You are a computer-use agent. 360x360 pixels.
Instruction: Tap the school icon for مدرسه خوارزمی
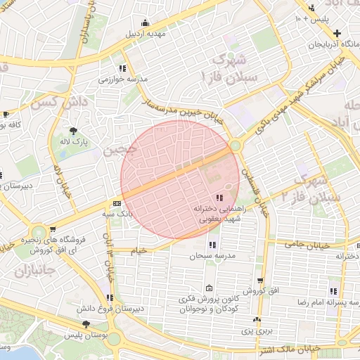(x=122, y=68)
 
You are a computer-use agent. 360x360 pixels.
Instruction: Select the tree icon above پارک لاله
(x=74, y=130)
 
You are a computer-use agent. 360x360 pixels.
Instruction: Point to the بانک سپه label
(x=117, y=212)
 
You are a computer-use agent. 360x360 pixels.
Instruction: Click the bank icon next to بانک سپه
(x=117, y=202)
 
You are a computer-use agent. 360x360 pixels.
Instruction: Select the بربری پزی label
(x=247, y=330)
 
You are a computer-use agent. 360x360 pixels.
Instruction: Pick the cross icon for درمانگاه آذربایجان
(x=337, y=33)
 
